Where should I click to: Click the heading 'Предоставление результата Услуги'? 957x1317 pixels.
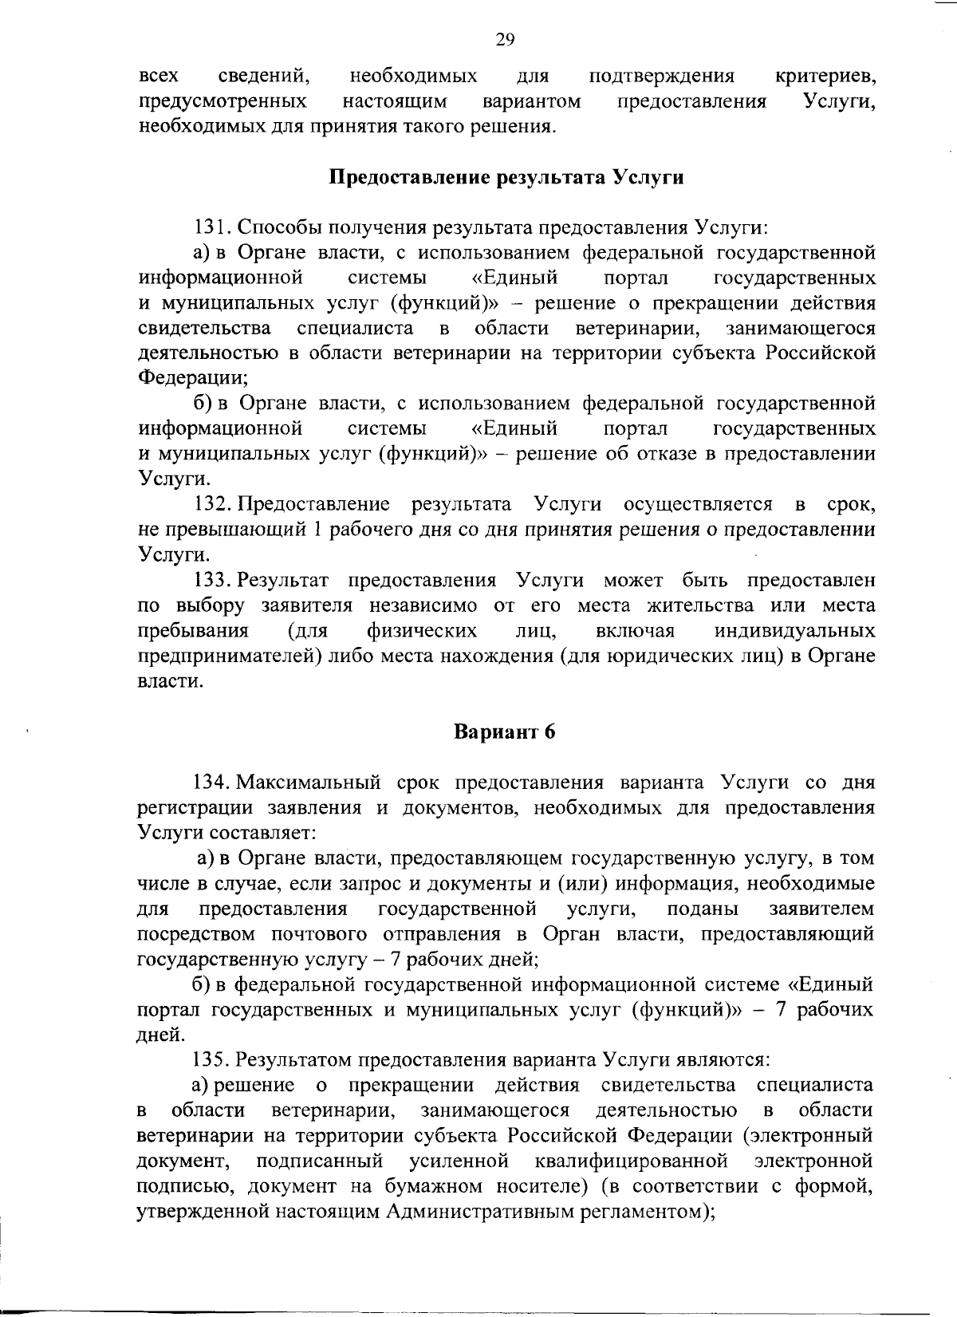click(506, 177)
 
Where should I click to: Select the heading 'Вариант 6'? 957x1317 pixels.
click(504, 731)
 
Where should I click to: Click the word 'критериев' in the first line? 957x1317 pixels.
click(825, 77)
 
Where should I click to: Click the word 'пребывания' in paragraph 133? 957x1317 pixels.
click(193, 631)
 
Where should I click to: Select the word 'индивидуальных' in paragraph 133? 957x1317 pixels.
click(794, 631)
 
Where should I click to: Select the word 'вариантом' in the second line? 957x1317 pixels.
click(531, 102)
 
